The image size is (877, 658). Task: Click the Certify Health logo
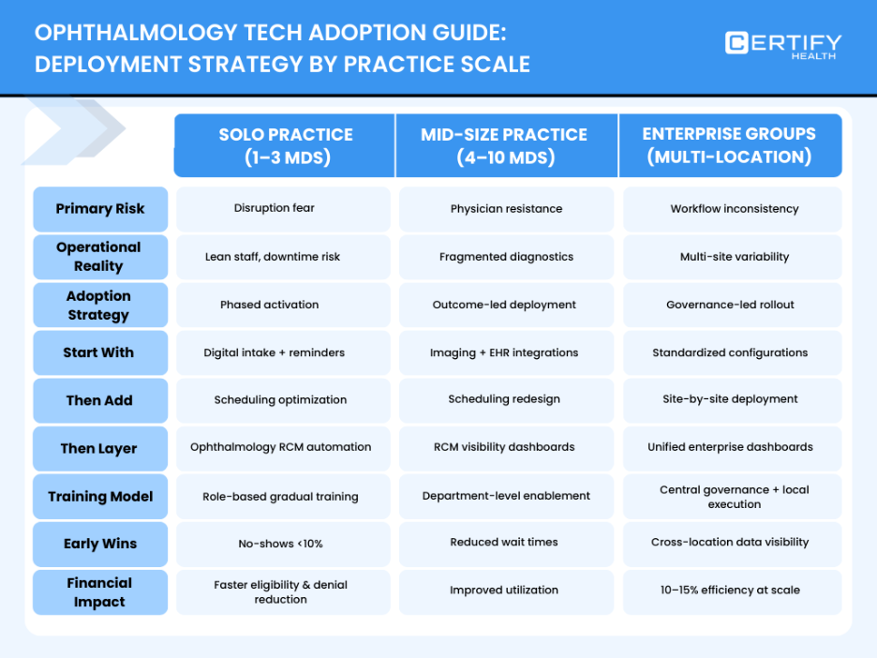[x=782, y=45]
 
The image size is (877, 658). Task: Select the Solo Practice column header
[x=285, y=145]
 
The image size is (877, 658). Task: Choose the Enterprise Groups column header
[x=729, y=145]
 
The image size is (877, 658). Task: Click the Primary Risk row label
[x=100, y=209]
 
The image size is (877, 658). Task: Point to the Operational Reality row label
[x=100, y=257]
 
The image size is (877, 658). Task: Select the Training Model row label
[x=100, y=497]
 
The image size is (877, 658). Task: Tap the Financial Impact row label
[x=100, y=592]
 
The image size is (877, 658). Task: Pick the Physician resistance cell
[x=506, y=209]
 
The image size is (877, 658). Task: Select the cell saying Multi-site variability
[x=734, y=257]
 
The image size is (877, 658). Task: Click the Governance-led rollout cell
[x=734, y=305]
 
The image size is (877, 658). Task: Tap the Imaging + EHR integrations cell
[x=506, y=352]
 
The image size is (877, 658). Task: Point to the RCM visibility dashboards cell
[x=506, y=448]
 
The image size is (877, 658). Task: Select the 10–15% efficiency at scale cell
[x=734, y=591]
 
